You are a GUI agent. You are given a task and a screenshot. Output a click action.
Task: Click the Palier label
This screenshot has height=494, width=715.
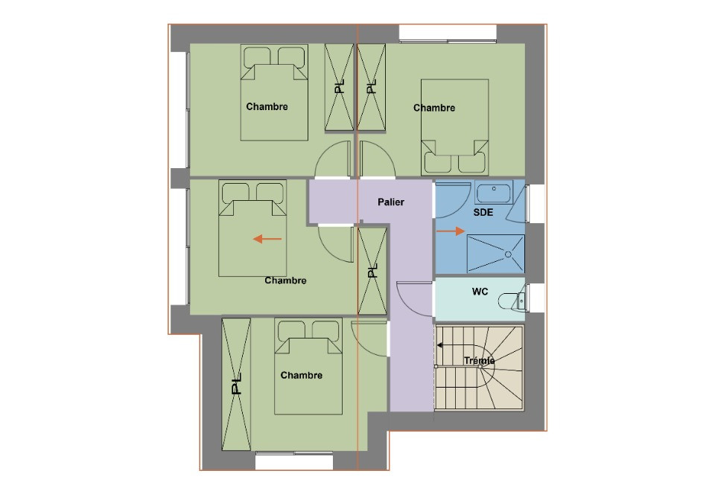pyautogui.click(x=390, y=202)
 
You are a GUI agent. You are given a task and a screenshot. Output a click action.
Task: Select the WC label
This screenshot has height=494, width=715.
pyautogui.click(x=480, y=292)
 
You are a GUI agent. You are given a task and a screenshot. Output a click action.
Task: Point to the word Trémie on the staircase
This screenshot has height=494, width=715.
pyautogui.click(x=480, y=361)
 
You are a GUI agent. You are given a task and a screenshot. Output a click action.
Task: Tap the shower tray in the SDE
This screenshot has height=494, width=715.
pyautogui.click(x=496, y=254)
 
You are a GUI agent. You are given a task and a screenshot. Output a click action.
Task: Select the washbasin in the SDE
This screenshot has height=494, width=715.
pyautogui.click(x=492, y=193)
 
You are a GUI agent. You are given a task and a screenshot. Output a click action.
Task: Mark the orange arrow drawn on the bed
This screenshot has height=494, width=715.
pyautogui.click(x=267, y=239)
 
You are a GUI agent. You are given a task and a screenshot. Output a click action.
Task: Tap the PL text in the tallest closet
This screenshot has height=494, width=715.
pyautogui.click(x=236, y=385)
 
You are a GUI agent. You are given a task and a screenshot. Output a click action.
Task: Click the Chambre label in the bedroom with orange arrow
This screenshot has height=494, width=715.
pyautogui.click(x=285, y=280)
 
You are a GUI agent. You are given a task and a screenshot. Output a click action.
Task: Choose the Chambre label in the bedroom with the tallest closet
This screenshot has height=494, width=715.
pyautogui.click(x=302, y=375)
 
